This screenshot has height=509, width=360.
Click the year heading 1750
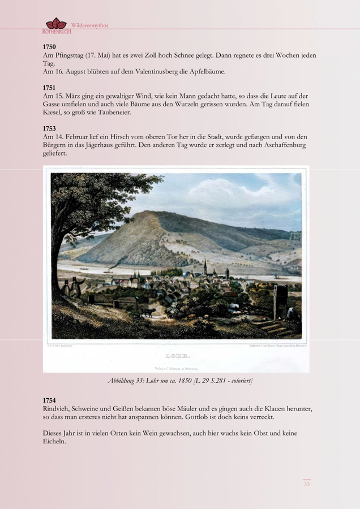coord(49,46)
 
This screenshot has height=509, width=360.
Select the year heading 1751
coord(49,88)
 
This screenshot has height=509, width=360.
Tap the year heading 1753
coord(49,128)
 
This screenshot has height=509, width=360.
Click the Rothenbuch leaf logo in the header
coord(56,24)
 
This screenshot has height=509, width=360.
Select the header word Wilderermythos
coord(89,25)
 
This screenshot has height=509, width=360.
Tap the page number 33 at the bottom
coord(306,484)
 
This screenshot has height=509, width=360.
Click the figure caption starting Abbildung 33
coord(180,381)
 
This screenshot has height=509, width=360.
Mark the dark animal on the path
coord(147,312)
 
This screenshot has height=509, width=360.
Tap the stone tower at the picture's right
coord(280,301)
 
